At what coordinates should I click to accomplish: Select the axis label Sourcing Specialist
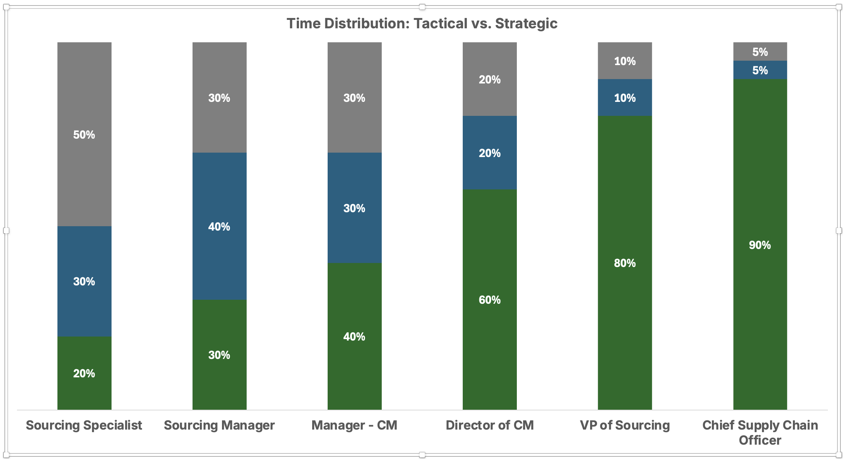84,425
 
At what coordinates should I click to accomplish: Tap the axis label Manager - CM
354,425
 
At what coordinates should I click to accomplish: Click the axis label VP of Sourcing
625,425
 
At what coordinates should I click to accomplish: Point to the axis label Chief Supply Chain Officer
760,433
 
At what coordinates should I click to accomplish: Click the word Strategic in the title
526,24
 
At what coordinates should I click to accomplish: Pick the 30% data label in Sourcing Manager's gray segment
219,98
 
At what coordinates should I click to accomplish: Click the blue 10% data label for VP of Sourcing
625,98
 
